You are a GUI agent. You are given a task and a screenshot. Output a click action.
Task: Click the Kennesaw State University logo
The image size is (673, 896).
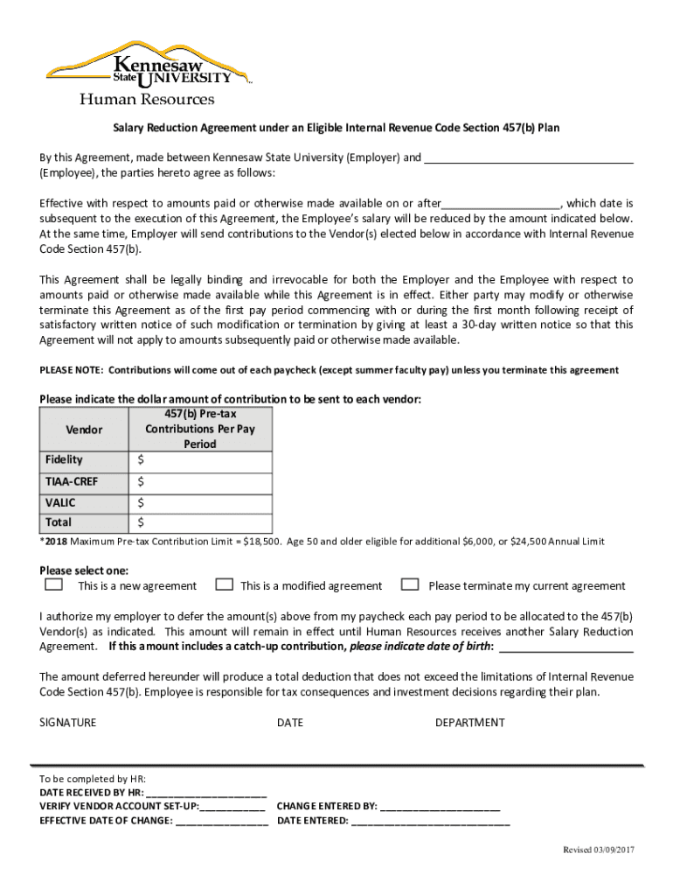149,65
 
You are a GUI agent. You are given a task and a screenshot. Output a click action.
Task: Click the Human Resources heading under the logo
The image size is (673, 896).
147,100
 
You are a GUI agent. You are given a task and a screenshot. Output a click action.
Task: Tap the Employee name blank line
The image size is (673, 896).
528,159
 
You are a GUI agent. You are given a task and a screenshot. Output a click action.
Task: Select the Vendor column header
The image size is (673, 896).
84,430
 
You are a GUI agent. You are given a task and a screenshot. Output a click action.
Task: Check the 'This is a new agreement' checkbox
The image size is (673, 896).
53,584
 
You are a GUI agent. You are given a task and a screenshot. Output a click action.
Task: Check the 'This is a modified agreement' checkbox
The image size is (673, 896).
224,584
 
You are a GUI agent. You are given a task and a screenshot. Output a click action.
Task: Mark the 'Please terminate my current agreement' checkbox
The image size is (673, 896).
408,584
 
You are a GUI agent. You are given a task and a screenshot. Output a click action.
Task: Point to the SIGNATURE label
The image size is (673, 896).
68,723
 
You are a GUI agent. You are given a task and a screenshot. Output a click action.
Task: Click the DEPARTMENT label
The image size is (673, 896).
469,723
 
